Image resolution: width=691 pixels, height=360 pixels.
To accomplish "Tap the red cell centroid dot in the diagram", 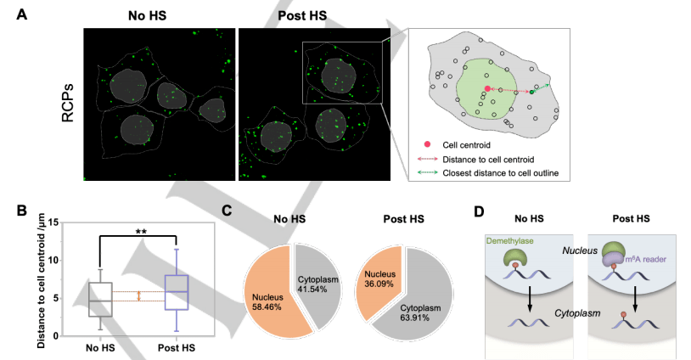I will click(x=486, y=88).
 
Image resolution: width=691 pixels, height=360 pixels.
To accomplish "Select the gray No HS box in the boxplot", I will click(x=100, y=299).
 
